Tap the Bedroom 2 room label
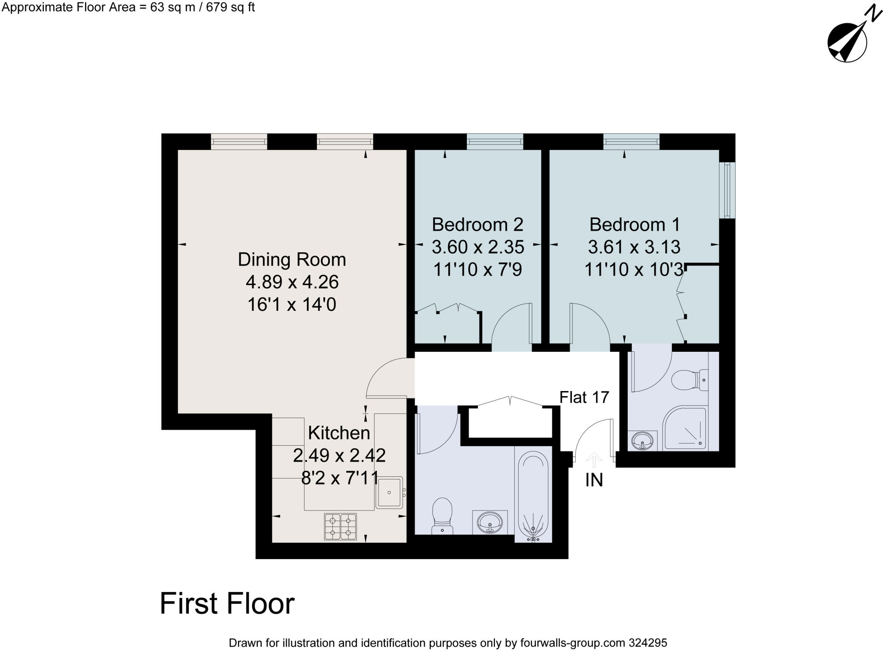click(477, 225)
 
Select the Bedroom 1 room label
click(634, 225)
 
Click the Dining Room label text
click(292, 260)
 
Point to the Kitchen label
click(339, 433)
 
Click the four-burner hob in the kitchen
click(340, 526)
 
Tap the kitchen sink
click(389, 492)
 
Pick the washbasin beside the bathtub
click(490, 522)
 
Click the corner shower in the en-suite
click(685, 428)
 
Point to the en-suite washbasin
click(643, 441)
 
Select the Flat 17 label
click(584, 397)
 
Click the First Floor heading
click(227, 604)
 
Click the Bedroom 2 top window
click(495, 141)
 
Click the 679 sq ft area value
click(230, 8)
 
